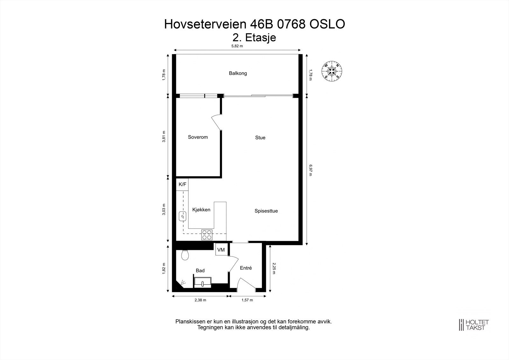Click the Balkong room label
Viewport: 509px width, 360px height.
pyautogui.click(x=238, y=73)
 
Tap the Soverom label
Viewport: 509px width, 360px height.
pyautogui.click(x=198, y=137)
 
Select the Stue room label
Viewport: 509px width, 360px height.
pyautogui.click(x=260, y=138)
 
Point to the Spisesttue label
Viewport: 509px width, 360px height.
pyautogui.click(x=266, y=211)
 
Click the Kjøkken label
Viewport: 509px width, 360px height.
pyautogui.click(x=201, y=210)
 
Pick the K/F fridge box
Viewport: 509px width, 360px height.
pyautogui.click(x=182, y=184)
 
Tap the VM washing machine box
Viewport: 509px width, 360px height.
pyautogui.click(x=221, y=250)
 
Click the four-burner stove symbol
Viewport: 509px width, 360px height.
pyautogui.click(x=206, y=235)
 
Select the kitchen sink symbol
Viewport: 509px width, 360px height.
pyautogui.click(x=183, y=216)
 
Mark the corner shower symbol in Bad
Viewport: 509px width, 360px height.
pyautogui.click(x=183, y=282)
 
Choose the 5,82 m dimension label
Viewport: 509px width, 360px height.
pyautogui.click(x=237, y=46)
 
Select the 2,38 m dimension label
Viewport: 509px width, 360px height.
pyautogui.click(x=200, y=300)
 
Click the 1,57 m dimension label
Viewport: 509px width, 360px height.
pyautogui.click(x=247, y=300)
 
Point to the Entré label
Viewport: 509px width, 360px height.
pyautogui.click(x=246, y=268)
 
